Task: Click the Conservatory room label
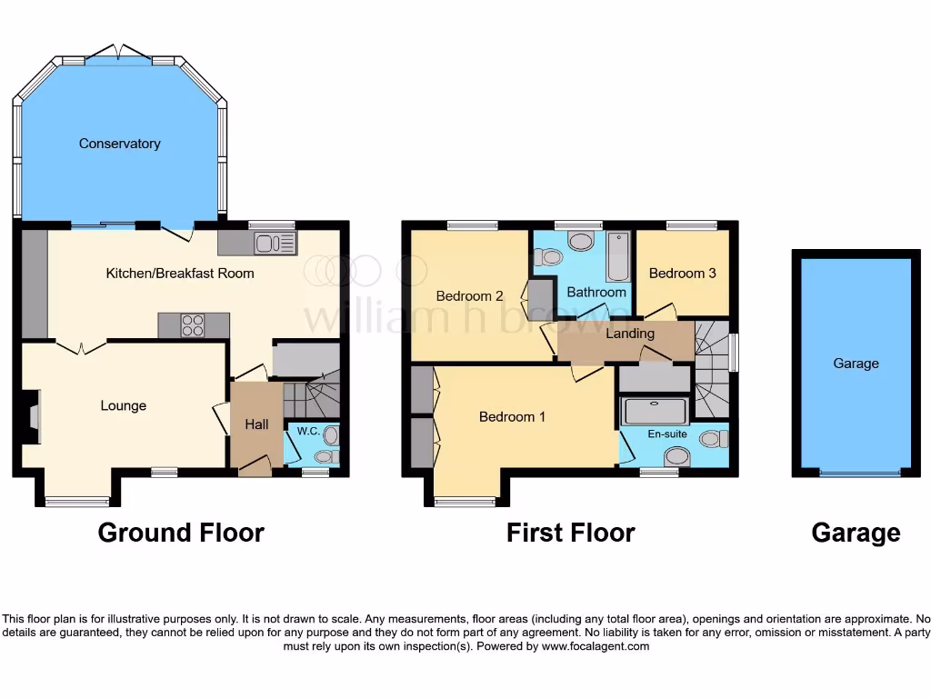(119, 144)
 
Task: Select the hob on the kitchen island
(193, 325)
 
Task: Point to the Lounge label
(124, 405)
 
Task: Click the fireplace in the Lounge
(33, 418)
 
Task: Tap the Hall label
(256, 424)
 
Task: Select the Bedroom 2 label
(469, 295)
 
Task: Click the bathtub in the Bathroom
(617, 255)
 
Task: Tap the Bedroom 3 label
(683, 273)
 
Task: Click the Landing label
(630, 334)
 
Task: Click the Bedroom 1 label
(513, 416)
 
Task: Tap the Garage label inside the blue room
(856, 363)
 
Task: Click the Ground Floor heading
(181, 533)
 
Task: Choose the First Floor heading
(570, 533)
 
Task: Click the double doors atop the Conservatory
(120, 51)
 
